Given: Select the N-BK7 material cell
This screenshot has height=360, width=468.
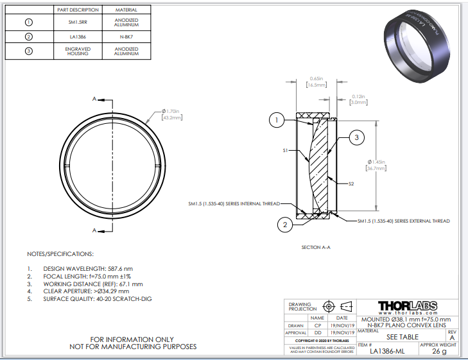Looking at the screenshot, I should click(x=126, y=37).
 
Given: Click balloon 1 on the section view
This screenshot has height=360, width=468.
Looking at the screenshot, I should click(x=275, y=120).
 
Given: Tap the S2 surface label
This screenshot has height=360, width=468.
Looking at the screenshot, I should click(x=351, y=184).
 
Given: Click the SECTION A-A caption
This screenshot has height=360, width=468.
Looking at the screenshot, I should click(x=315, y=246).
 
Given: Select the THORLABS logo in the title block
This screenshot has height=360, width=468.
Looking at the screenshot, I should click(x=408, y=305).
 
